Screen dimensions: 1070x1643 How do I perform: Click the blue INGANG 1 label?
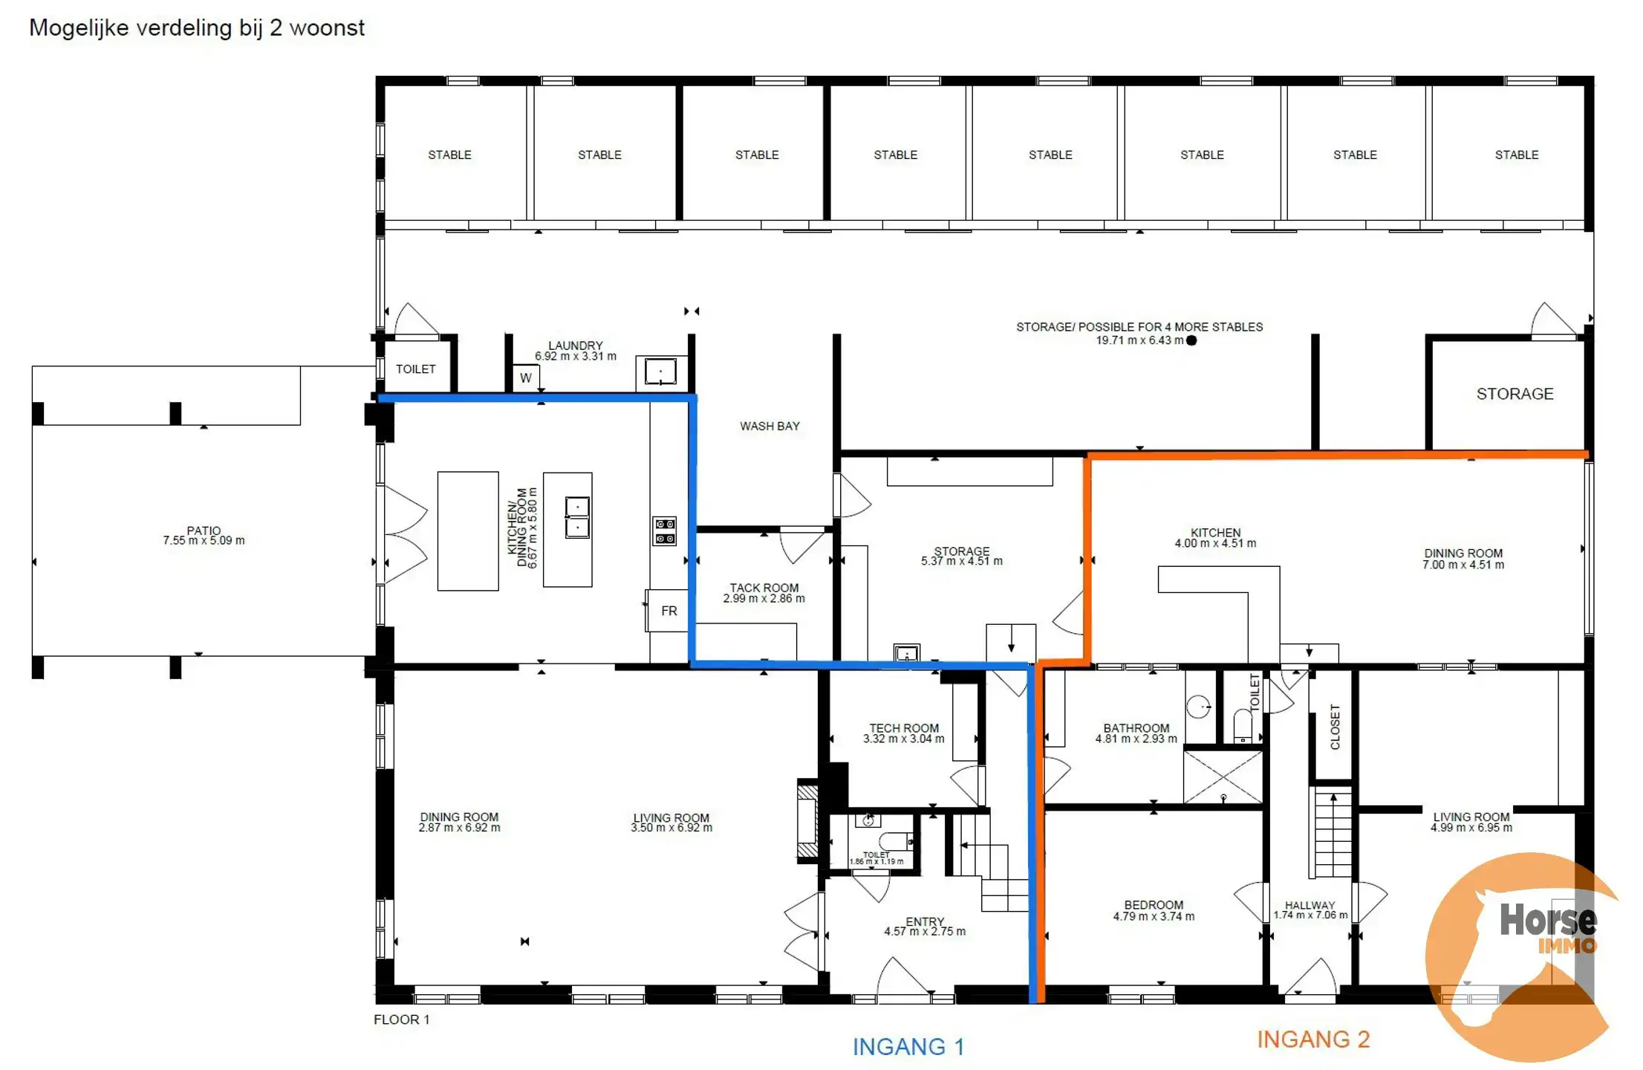[x=908, y=1046]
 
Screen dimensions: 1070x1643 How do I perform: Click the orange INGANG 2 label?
[x=1312, y=1039]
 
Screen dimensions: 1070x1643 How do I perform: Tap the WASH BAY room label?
[x=770, y=426]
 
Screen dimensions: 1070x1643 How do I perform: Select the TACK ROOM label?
[x=764, y=588]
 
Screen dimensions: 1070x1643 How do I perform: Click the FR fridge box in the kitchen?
[x=668, y=611]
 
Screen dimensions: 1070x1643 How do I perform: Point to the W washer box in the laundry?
[x=525, y=377]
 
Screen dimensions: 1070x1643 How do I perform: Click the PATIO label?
[x=204, y=531]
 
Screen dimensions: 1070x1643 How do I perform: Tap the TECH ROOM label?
[x=904, y=728]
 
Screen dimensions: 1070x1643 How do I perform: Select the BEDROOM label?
[x=1154, y=905]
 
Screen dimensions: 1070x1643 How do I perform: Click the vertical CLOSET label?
[x=1335, y=727]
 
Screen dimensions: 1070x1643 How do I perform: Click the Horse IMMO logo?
[x=1523, y=955]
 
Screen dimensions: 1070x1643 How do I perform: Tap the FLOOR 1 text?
[x=401, y=1019]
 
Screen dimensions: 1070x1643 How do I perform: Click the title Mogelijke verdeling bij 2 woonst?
[x=197, y=27]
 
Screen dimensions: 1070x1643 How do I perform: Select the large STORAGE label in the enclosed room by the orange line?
[x=1515, y=394]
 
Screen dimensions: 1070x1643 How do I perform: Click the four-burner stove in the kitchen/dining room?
[x=664, y=531]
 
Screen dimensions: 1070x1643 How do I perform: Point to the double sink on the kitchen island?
[x=577, y=516]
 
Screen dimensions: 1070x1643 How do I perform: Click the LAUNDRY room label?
[x=575, y=346]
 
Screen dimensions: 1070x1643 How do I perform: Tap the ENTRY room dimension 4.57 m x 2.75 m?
[x=925, y=931]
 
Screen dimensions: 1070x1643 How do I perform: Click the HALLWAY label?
[x=1309, y=905]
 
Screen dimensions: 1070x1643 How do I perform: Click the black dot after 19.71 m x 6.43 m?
[x=1191, y=340]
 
